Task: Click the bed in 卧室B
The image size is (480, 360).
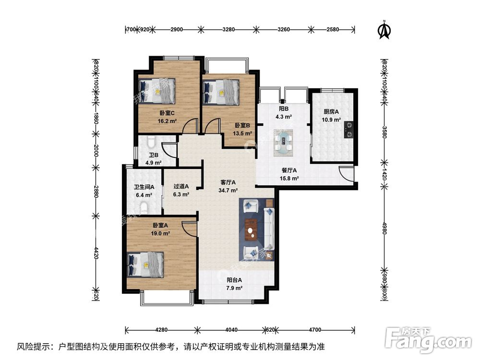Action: tap(221, 91)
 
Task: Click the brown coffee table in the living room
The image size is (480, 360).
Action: tap(250, 229)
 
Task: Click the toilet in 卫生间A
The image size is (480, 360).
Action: tap(144, 207)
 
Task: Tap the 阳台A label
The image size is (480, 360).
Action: tap(234, 280)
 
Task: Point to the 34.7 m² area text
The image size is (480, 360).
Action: tap(228, 190)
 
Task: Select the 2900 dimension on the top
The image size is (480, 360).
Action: tap(176, 29)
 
